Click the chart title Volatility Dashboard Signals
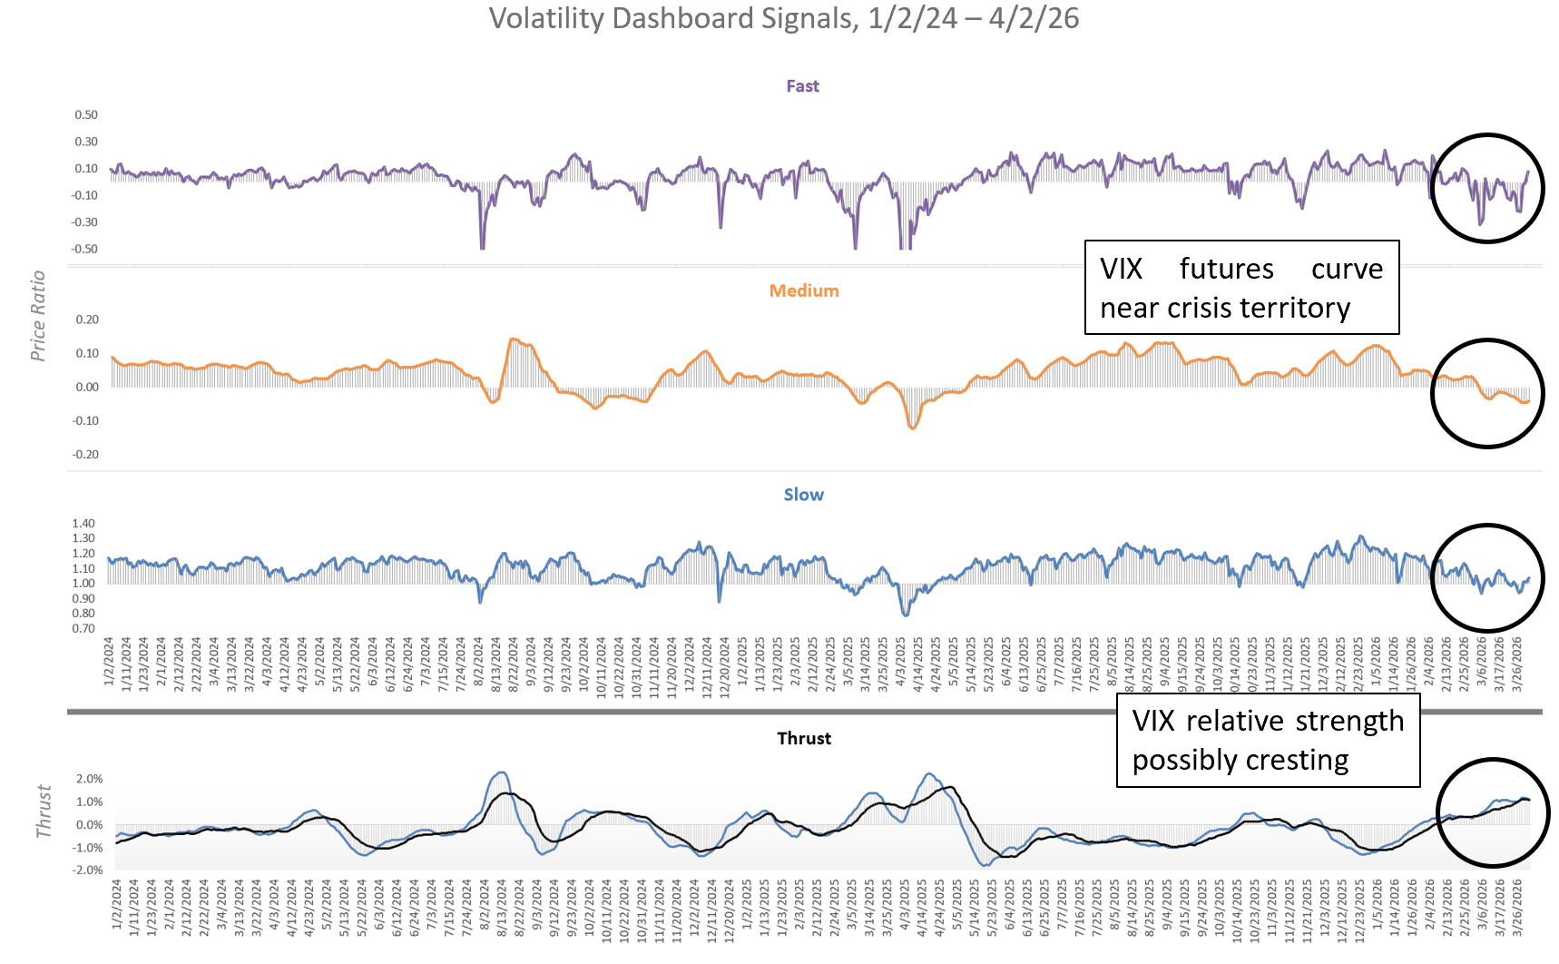pos(784,19)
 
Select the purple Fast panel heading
pos(802,86)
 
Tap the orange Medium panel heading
pos(803,290)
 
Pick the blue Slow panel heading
pos(803,495)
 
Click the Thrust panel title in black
pos(803,738)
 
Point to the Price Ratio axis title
pos(37,316)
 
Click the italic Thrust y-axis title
pos(43,812)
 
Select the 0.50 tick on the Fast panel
pos(86,115)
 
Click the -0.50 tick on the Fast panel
pos(85,249)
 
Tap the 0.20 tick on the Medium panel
pos(87,320)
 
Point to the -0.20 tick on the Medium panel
pos(85,454)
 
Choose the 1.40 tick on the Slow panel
pos(83,524)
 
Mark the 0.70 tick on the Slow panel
pos(83,628)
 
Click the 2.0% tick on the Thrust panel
pos(89,779)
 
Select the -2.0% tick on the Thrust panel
pos(88,870)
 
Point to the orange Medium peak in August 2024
pos(513,339)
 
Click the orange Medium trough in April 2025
pos(913,428)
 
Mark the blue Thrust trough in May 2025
pos(986,865)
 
